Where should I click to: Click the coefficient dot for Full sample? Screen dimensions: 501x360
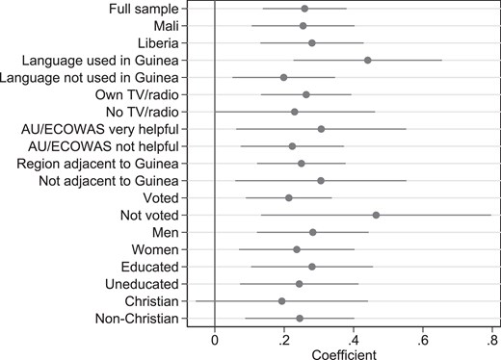[304, 9]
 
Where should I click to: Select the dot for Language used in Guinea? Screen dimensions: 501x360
[368, 61]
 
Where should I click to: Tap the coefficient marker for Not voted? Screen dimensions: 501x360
[376, 215]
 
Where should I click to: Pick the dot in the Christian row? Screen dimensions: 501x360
[282, 301]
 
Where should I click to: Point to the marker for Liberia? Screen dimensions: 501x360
[311, 43]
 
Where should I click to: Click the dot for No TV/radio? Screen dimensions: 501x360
[295, 112]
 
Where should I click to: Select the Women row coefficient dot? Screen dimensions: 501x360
[297, 249]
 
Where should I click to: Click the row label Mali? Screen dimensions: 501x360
[166, 26]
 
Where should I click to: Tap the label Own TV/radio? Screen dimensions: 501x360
[137, 95]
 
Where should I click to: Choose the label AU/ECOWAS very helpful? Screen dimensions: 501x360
[100, 129]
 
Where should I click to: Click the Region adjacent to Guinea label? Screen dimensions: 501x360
[97, 164]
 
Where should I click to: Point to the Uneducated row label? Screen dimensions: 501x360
[142, 284]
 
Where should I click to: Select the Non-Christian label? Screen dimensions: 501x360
[137, 319]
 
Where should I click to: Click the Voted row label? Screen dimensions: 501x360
[161, 198]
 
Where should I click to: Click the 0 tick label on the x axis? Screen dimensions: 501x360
[215, 341]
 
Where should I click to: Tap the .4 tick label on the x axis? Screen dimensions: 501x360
[352, 341]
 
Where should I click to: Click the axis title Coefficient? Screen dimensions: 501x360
[344, 354]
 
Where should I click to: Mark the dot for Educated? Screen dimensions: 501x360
[312, 267]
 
